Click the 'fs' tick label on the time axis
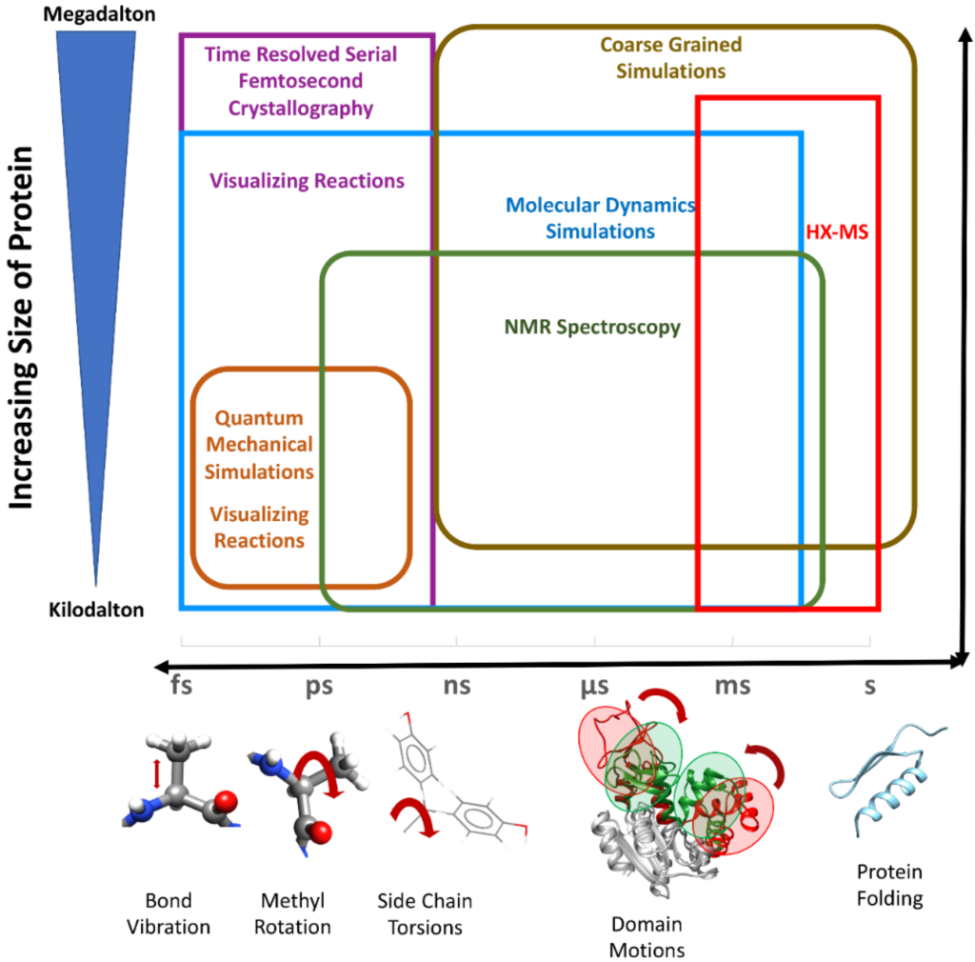pos(181,685)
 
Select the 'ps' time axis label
pos(319,686)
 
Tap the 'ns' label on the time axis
pos(456,685)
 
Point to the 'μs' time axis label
pos(595,685)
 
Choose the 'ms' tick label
pos(733,685)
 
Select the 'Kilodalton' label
pos(96,611)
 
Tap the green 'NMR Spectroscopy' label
pos(592,328)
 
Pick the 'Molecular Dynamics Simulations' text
pos(601,218)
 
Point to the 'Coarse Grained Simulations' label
pos(671,58)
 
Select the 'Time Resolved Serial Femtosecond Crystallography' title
pos(302,82)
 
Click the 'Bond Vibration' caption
pos(169,913)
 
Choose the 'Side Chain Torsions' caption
pos(425,913)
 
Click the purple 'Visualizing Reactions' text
pos(308,181)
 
